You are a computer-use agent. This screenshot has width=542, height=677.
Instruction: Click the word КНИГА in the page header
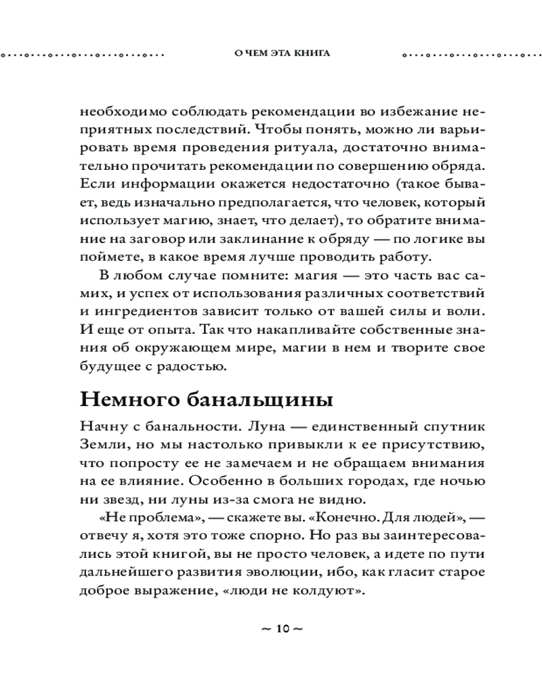312,54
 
